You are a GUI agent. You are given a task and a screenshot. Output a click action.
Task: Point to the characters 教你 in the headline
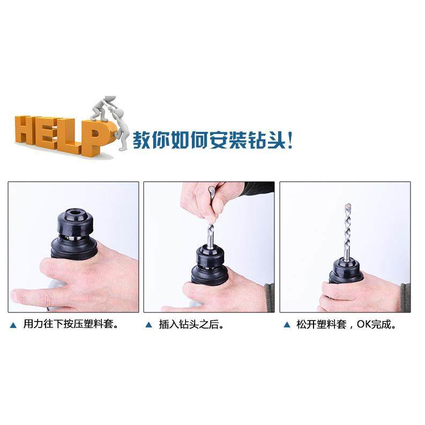[148, 142]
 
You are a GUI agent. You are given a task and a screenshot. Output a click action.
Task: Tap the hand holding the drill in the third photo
[354, 292]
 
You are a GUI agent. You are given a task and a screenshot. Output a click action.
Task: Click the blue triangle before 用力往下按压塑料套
[13, 325]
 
